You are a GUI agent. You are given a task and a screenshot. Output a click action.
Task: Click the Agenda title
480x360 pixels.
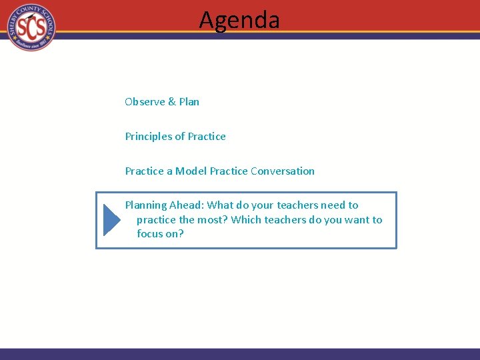click(x=239, y=20)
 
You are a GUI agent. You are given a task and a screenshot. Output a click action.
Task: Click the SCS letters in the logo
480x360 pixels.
click(x=31, y=27)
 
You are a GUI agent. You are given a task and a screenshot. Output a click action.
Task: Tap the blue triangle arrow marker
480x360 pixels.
click(x=111, y=220)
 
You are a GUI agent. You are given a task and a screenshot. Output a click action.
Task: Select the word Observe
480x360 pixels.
click(x=145, y=102)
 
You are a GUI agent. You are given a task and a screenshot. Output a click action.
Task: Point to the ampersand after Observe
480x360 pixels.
click(x=172, y=102)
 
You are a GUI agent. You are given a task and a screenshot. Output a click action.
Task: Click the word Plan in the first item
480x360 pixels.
click(x=189, y=102)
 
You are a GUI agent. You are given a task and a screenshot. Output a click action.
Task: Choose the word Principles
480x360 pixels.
click(x=148, y=137)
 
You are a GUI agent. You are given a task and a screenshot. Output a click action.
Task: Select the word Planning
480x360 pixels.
click(x=146, y=205)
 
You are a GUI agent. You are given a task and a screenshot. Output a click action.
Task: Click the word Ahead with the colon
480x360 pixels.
click(x=187, y=205)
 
